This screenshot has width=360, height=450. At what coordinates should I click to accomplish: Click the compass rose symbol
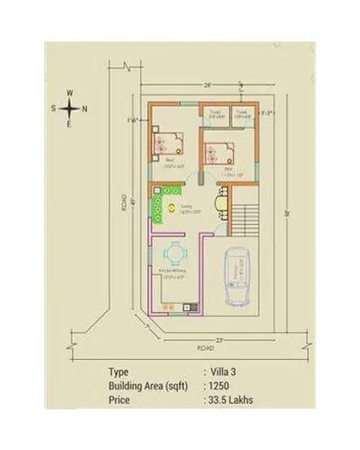(x=69, y=107)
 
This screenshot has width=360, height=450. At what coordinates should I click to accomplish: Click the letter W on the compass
(x=69, y=92)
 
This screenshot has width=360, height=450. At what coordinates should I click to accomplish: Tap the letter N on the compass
(x=85, y=108)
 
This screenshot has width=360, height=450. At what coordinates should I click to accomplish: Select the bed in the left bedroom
(x=167, y=141)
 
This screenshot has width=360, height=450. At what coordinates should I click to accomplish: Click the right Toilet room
(x=241, y=113)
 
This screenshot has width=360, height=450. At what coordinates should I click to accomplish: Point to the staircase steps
(x=246, y=216)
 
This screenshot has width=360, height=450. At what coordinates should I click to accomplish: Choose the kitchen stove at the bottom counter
(x=186, y=310)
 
